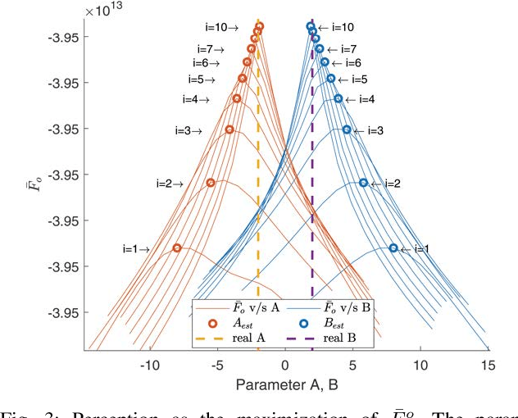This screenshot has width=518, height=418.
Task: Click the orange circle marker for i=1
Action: coord(177,248)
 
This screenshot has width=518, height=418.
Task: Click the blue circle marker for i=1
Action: coord(393,248)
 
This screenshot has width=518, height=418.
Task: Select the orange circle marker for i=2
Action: coord(211,183)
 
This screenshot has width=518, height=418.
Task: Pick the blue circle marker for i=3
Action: coord(347,129)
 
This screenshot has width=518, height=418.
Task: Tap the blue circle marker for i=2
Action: coord(363,183)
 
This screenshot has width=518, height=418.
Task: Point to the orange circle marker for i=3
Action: coord(229,129)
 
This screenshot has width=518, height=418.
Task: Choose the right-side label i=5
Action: coord(353,80)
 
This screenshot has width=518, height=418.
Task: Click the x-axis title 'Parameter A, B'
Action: coord(285,384)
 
